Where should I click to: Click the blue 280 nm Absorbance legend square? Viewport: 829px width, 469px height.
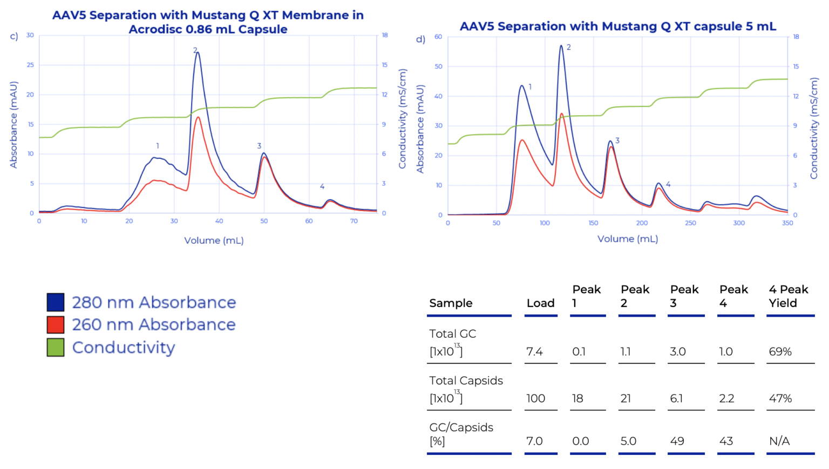[56, 302]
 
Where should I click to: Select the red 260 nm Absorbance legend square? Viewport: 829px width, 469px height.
[56, 325]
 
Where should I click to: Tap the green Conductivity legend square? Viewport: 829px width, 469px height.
[56, 347]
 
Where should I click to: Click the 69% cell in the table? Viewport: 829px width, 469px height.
[780, 352]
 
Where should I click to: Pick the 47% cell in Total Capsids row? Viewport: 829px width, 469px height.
[780, 399]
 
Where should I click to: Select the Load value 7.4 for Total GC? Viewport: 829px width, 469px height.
[534, 352]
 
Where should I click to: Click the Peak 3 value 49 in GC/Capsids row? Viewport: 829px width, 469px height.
[677, 441]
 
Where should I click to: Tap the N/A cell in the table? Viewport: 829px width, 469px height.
[779, 441]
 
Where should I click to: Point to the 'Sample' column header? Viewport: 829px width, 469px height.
[451, 303]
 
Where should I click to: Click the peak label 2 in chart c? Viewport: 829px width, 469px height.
[195, 50]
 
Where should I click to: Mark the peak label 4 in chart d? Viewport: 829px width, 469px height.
[668, 184]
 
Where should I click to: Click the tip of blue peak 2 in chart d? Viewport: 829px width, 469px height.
[561, 46]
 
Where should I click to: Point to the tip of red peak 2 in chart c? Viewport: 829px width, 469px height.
[198, 117]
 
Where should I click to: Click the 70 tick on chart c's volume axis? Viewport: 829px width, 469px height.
[354, 221]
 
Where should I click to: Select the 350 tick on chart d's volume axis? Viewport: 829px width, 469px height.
[787, 223]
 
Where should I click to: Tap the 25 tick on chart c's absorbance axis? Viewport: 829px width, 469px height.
[30, 65]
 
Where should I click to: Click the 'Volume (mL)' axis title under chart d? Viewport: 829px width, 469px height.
[627, 239]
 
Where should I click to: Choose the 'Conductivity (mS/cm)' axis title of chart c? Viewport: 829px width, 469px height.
[402, 119]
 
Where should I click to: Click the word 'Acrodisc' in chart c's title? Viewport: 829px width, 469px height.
[155, 29]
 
